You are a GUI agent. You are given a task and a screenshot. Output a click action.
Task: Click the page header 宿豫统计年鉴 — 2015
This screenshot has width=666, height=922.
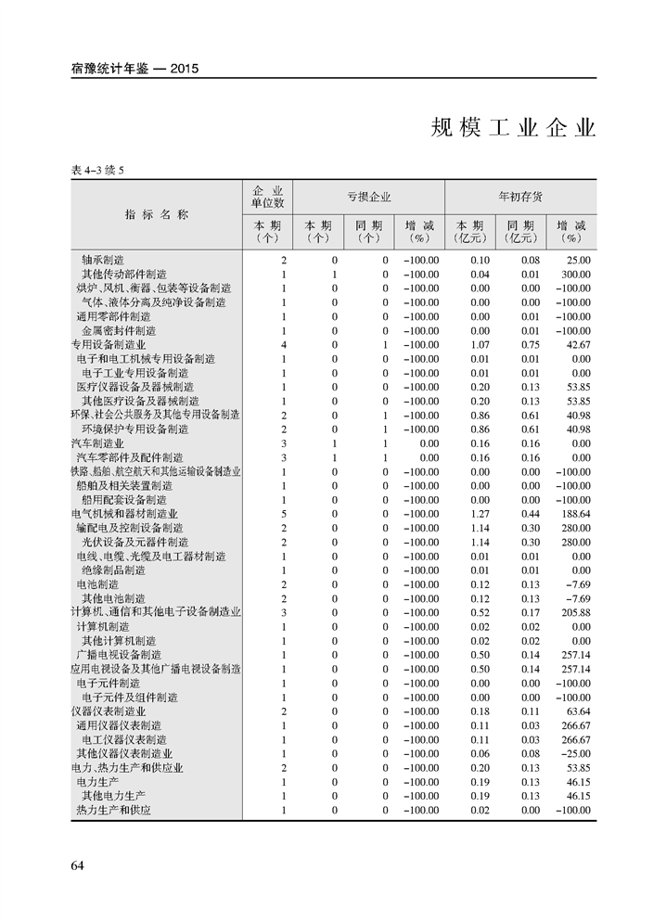pyautogui.click(x=135, y=68)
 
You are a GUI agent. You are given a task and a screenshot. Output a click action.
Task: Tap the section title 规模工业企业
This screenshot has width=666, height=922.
pyautogui.click(x=513, y=128)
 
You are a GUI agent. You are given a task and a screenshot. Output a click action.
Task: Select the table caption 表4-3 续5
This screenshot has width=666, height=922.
pyautogui.click(x=96, y=170)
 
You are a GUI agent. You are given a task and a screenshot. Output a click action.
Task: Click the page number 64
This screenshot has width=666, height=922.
pyautogui.click(x=78, y=865)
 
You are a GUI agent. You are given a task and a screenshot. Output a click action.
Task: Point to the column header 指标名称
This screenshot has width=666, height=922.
pyautogui.click(x=157, y=214)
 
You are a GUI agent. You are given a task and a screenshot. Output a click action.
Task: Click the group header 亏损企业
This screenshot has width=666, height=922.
pyautogui.click(x=369, y=197)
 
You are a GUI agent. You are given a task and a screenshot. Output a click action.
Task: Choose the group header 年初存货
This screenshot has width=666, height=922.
pyautogui.click(x=520, y=197)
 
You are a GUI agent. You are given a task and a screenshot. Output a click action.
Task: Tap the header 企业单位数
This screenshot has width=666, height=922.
pyautogui.click(x=267, y=196)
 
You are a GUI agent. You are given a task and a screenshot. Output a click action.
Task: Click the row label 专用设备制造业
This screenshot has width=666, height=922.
pyautogui.click(x=109, y=345)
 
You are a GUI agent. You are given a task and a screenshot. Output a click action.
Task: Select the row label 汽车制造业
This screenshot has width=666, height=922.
pyautogui.click(x=96, y=444)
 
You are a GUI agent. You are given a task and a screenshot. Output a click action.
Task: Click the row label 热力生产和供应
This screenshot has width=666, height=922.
pyautogui.click(x=113, y=811)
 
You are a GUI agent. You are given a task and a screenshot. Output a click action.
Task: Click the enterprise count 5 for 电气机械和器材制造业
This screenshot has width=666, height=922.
pyautogui.click(x=284, y=514)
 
